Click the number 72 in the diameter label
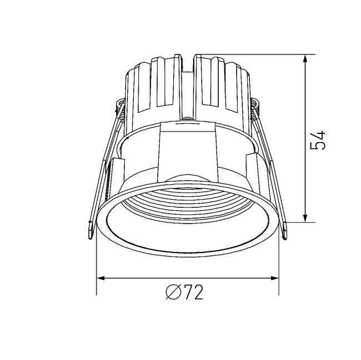point(192,292)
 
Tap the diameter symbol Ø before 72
point(173,292)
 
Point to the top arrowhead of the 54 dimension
point(305,59)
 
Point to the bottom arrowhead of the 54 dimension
point(305,218)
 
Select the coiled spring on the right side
point(255,109)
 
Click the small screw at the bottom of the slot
point(188,117)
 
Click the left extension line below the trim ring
point(97,266)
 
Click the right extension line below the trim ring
point(279,266)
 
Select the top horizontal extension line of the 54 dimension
point(255,54)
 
